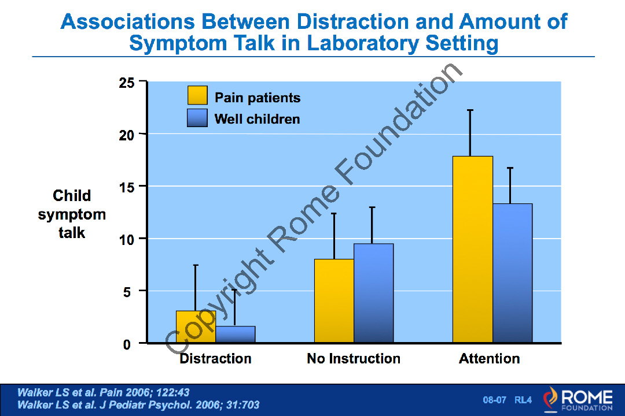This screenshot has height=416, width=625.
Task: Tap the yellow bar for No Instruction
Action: [334, 301]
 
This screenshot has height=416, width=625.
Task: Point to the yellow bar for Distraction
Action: [196, 327]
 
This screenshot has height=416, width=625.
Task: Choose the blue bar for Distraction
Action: [235, 335]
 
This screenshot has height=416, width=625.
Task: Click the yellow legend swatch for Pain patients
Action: [197, 95]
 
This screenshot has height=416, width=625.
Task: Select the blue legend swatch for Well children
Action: [197, 118]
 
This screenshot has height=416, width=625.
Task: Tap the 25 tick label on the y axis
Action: [127, 82]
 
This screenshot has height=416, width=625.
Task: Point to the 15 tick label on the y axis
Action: [127, 187]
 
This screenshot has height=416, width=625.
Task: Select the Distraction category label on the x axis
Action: [215, 359]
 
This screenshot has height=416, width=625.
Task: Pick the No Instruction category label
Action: [354, 359]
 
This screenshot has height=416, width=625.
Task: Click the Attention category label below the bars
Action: [490, 359]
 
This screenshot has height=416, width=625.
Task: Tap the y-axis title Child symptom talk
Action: [72, 214]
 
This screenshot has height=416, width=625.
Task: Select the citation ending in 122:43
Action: [104, 392]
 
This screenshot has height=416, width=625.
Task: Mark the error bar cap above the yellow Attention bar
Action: [470, 110]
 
